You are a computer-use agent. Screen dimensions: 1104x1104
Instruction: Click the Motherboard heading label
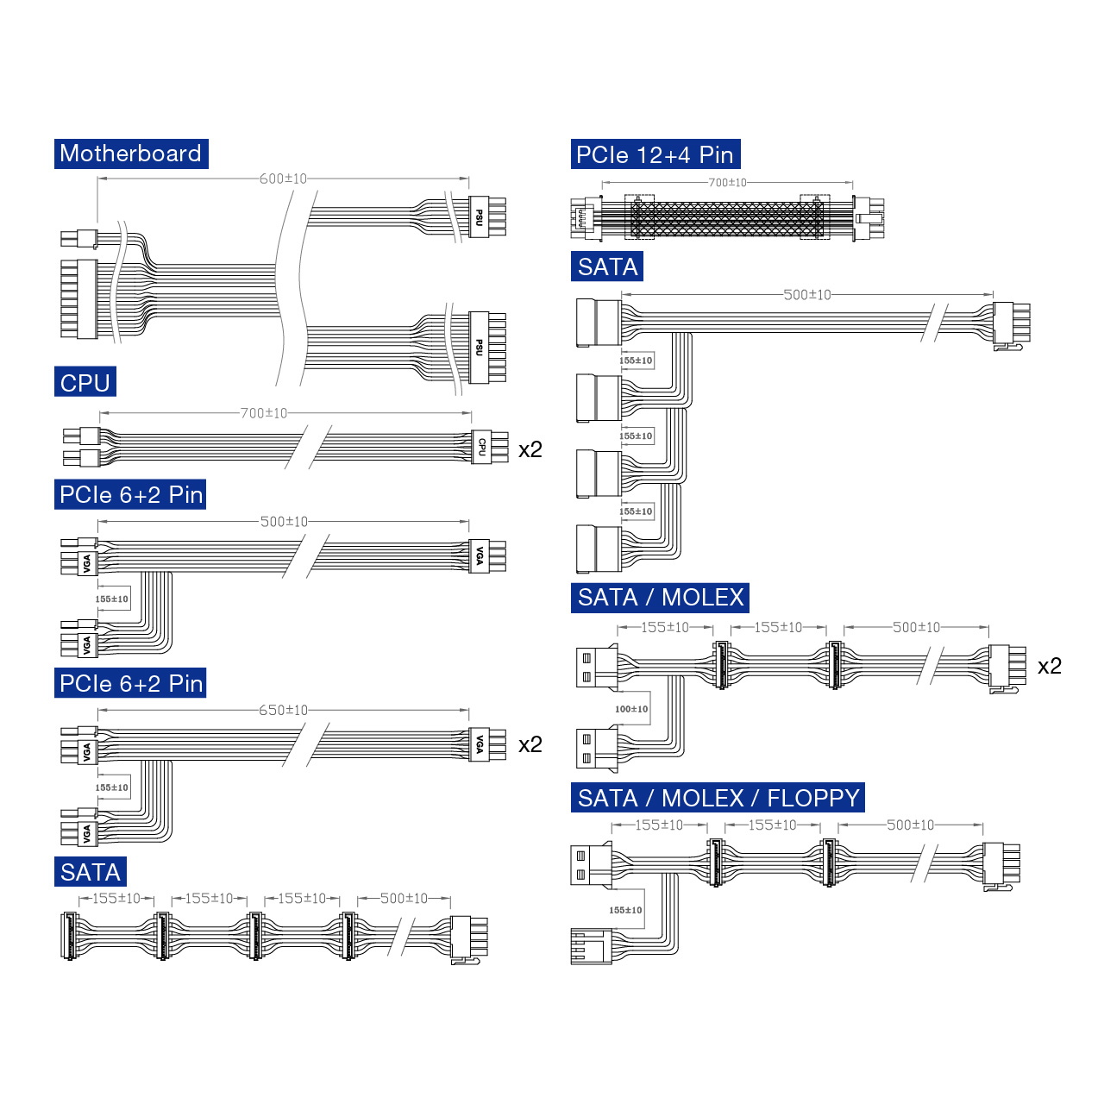point(131,154)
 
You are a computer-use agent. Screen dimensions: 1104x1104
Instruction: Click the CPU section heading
point(85,381)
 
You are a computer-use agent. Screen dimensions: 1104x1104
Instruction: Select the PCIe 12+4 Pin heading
point(655,154)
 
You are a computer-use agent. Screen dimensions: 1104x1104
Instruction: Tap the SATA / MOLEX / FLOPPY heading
point(718,798)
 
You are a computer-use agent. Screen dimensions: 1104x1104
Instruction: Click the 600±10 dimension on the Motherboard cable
point(283,179)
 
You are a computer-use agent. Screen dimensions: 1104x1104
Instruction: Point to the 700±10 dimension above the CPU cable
point(264,413)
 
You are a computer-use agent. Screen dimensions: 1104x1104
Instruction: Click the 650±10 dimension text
point(283,711)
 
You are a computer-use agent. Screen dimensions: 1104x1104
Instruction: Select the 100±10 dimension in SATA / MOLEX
point(631,709)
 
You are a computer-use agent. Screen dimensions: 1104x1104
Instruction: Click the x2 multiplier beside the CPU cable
point(530,449)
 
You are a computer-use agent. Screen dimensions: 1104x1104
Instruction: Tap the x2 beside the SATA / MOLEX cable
point(1050,666)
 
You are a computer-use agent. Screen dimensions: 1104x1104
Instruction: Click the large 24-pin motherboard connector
point(79,299)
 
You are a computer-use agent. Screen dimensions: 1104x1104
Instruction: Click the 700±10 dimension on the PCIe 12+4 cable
point(728,183)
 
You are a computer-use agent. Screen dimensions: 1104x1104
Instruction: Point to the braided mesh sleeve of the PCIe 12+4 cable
point(727,219)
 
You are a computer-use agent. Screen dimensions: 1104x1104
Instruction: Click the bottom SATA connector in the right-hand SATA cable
point(599,549)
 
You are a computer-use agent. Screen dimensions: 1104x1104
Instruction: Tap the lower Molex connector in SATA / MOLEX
point(597,747)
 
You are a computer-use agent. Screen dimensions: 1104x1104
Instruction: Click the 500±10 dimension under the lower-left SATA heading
point(404,899)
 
